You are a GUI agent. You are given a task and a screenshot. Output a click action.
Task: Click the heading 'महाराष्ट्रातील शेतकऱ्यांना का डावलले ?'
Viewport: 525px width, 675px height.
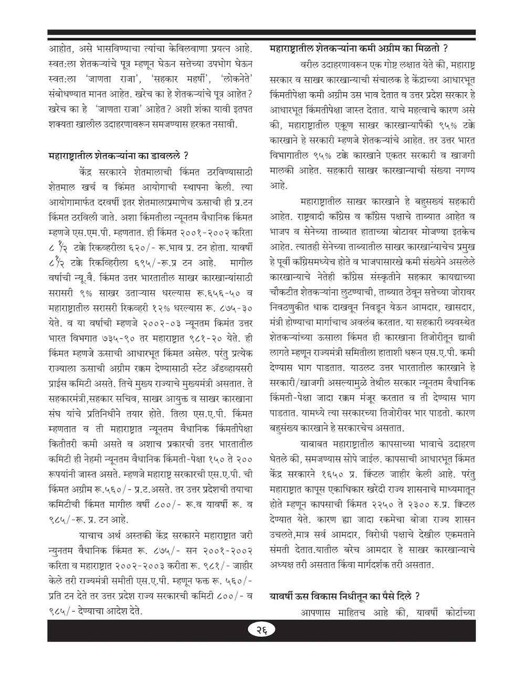118,156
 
